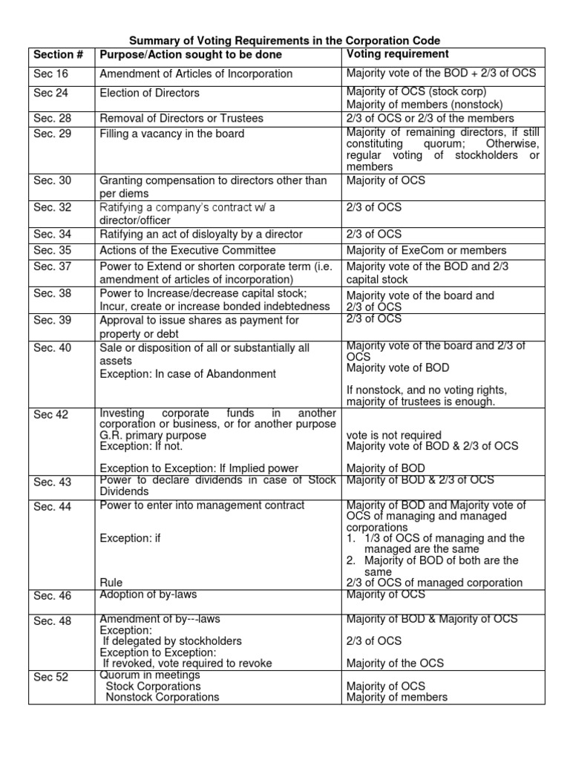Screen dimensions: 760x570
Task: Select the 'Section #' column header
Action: coord(59,55)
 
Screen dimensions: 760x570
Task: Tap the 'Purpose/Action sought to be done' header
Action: coord(191,55)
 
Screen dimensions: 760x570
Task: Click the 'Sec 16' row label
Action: coord(50,73)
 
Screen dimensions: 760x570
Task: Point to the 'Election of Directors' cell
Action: coord(149,93)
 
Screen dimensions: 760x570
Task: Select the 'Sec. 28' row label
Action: coord(53,118)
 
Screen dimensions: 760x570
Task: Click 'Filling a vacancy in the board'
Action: coord(171,134)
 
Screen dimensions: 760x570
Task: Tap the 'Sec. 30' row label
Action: coord(53,180)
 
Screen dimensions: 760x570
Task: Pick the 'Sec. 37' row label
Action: coord(53,266)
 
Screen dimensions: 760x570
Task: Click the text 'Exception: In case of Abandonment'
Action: coord(188,373)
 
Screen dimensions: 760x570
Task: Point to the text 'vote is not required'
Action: coord(393,435)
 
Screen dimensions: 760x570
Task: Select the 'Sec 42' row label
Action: coord(50,414)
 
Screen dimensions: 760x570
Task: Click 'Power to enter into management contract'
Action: coord(202,505)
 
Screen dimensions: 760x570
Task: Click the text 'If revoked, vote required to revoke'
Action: coord(187,663)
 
